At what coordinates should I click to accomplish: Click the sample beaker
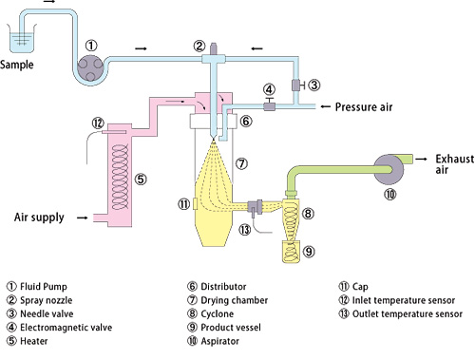[22, 39]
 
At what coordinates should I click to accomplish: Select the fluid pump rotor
[90, 68]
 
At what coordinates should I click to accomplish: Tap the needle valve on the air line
[296, 85]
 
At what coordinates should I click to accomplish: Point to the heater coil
[121, 177]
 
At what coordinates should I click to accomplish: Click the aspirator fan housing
[389, 169]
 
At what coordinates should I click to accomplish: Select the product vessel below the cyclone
[291, 252]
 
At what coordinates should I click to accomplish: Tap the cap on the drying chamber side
[195, 203]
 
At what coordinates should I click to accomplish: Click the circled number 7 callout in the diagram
[241, 163]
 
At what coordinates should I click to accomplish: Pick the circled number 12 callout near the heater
[98, 123]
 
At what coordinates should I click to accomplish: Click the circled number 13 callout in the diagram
[245, 230]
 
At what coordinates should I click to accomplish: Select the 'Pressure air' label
[364, 107]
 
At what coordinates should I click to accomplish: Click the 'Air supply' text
[39, 218]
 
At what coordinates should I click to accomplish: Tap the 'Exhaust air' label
[454, 164]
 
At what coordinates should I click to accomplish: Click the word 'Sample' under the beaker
[17, 65]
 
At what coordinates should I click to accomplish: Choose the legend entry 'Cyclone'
[218, 313]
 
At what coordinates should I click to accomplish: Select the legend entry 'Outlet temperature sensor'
[408, 313]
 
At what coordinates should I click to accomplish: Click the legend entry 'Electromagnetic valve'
[66, 328]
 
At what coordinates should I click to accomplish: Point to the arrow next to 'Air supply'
[83, 218]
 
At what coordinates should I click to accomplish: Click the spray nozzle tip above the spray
[214, 137]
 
